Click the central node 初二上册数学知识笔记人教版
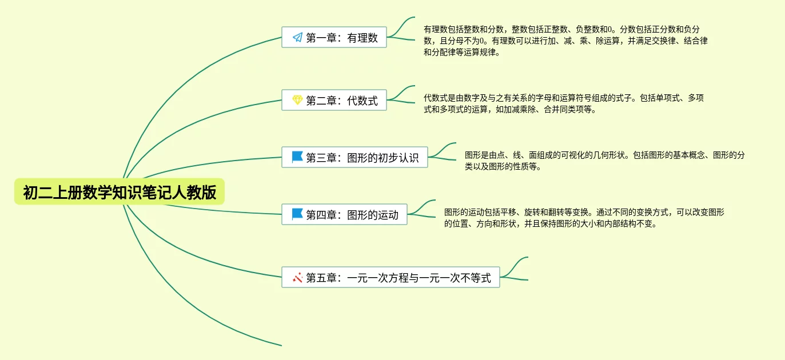[x=119, y=193]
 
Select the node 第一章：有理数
[x=334, y=38]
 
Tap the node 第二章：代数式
[x=334, y=101]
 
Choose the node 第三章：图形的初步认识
[x=354, y=158]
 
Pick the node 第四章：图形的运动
[x=344, y=215]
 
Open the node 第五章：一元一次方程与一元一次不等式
[x=390, y=278]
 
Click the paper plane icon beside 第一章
[x=297, y=38]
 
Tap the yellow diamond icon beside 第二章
[x=297, y=101]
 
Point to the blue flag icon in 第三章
[x=297, y=157]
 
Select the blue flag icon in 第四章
[x=297, y=214]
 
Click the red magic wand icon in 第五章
[x=297, y=278]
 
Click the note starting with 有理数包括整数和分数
[x=565, y=41]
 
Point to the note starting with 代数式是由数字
[x=563, y=104]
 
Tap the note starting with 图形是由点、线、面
[x=604, y=161]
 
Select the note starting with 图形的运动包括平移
[x=583, y=218]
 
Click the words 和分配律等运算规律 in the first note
[x=461, y=53]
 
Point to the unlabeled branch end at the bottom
[x=280, y=345]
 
